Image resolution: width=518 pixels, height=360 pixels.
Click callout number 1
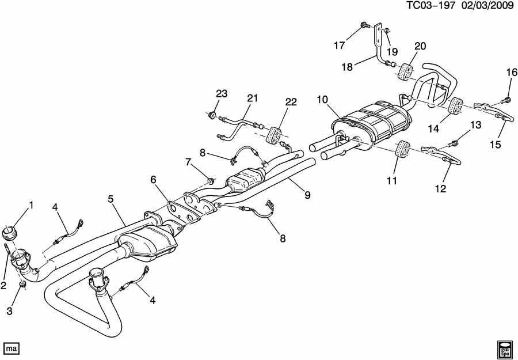pos(32,205)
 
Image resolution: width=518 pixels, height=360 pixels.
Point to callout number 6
pos(154,180)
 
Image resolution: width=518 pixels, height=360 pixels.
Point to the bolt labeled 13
pos(454,142)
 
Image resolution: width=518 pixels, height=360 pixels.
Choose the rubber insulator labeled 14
pos(455,107)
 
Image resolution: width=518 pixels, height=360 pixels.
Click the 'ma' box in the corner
pos(12,348)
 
